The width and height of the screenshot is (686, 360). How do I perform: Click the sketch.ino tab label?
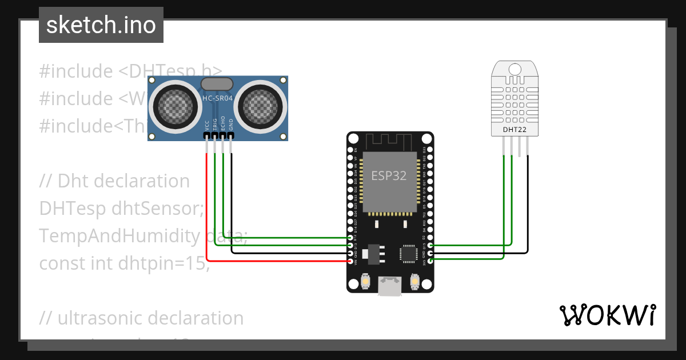click(x=101, y=25)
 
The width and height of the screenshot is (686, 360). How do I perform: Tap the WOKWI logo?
click(x=607, y=315)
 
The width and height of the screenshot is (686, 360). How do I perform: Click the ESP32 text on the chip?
click(x=389, y=175)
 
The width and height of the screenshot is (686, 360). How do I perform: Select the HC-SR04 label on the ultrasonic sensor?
click(x=218, y=98)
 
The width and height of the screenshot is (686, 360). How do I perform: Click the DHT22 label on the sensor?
click(x=514, y=130)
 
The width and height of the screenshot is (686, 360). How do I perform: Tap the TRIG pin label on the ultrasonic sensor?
click(x=215, y=125)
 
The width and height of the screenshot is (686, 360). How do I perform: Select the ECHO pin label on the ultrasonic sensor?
click(x=223, y=125)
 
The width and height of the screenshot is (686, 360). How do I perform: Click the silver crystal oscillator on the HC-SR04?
click(x=217, y=84)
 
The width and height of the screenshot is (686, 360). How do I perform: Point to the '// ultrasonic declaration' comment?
click(x=141, y=318)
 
